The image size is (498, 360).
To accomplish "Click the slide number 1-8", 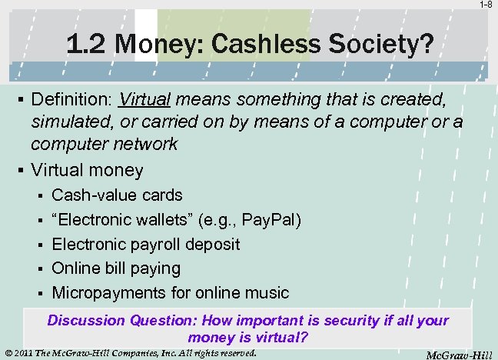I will tap(486, 5).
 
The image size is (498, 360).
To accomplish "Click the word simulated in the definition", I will tap(67, 122).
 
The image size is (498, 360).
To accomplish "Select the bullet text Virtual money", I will tap(87, 170).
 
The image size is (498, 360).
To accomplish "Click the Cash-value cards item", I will tap(117, 195).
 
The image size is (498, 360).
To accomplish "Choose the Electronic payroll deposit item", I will tap(145, 244).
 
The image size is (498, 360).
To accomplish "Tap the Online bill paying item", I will tap(115, 268).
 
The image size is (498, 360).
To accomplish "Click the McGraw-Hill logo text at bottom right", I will tap(462, 353).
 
